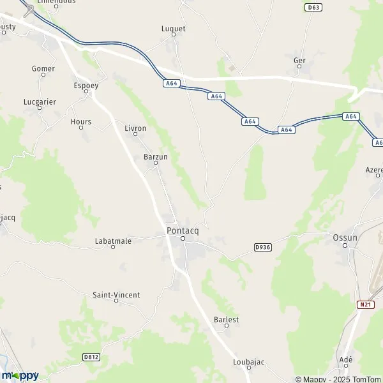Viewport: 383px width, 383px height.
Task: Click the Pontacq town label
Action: [183, 230]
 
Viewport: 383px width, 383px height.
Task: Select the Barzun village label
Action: [155, 156]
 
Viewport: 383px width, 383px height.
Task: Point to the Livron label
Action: [135, 128]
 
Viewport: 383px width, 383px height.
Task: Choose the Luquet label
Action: [174, 29]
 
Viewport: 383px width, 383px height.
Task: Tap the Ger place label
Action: [300, 61]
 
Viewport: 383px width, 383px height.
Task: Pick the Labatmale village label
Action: [113, 241]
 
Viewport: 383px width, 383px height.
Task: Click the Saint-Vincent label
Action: [116, 295]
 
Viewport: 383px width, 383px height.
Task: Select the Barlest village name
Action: [227, 319]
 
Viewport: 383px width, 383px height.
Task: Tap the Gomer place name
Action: [43, 68]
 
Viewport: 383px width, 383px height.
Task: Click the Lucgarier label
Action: [40, 101]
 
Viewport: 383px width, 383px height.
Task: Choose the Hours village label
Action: [81, 121]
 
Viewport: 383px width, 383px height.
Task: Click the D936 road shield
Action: [263, 246]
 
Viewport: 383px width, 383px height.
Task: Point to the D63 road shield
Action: [313, 8]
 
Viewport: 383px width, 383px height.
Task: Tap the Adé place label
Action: [346, 359]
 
